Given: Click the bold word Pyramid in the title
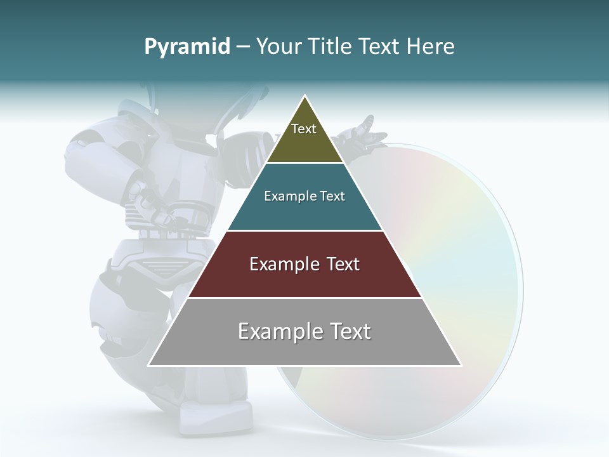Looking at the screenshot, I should [187, 46].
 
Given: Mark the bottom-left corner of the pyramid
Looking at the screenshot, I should [148, 365].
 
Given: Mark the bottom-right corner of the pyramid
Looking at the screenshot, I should [461, 365].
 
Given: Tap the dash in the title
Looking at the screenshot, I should [243, 46].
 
